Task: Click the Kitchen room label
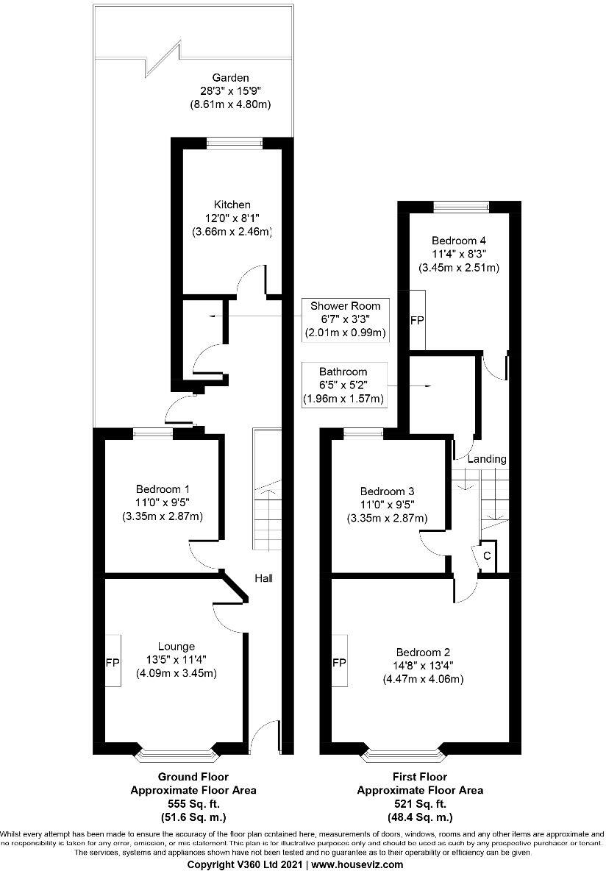pyautogui.click(x=232, y=204)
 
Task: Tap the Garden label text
pyautogui.click(x=231, y=77)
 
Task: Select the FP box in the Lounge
pyautogui.click(x=113, y=661)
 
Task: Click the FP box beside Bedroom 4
pyautogui.click(x=417, y=321)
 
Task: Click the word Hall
pyautogui.click(x=263, y=578)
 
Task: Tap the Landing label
pyautogui.click(x=488, y=459)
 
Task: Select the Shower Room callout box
pyautogui.click(x=345, y=319)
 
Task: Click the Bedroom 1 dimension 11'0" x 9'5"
pyautogui.click(x=162, y=502)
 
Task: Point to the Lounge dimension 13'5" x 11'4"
pyautogui.click(x=176, y=660)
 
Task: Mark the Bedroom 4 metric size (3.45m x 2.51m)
pyautogui.click(x=459, y=268)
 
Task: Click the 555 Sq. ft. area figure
pyautogui.click(x=193, y=803)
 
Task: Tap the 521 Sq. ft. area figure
pyautogui.click(x=420, y=803)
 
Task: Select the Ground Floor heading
pyautogui.click(x=193, y=777)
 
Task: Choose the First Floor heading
pyautogui.click(x=420, y=777)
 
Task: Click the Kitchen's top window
pyautogui.click(x=226, y=143)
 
